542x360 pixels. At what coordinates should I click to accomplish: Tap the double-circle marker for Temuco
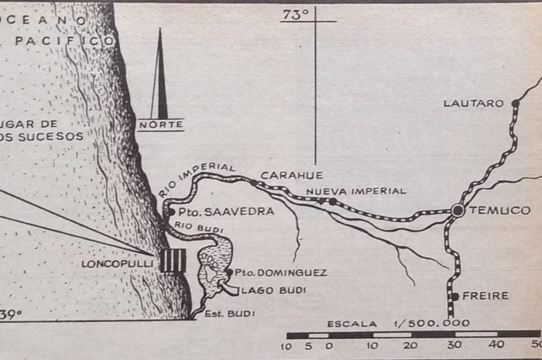pyautogui.click(x=458, y=210)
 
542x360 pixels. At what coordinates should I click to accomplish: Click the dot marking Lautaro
pyautogui.click(x=511, y=102)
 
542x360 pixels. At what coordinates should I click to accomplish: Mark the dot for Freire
pyautogui.click(x=455, y=296)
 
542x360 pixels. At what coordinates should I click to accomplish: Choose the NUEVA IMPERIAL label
pyautogui.click(x=355, y=190)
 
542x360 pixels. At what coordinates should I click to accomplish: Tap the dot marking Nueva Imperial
pyautogui.click(x=333, y=201)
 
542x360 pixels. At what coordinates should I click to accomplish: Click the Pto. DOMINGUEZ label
pyautogui.click(x=270, y=273)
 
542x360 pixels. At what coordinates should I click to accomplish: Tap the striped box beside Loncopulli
pyautogui.click(x=173, y=261)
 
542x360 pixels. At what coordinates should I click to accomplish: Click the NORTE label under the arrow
pyautogui.click(x=160, y=124)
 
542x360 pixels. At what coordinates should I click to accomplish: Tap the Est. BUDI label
pyautogui.click(x=230, y=314)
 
